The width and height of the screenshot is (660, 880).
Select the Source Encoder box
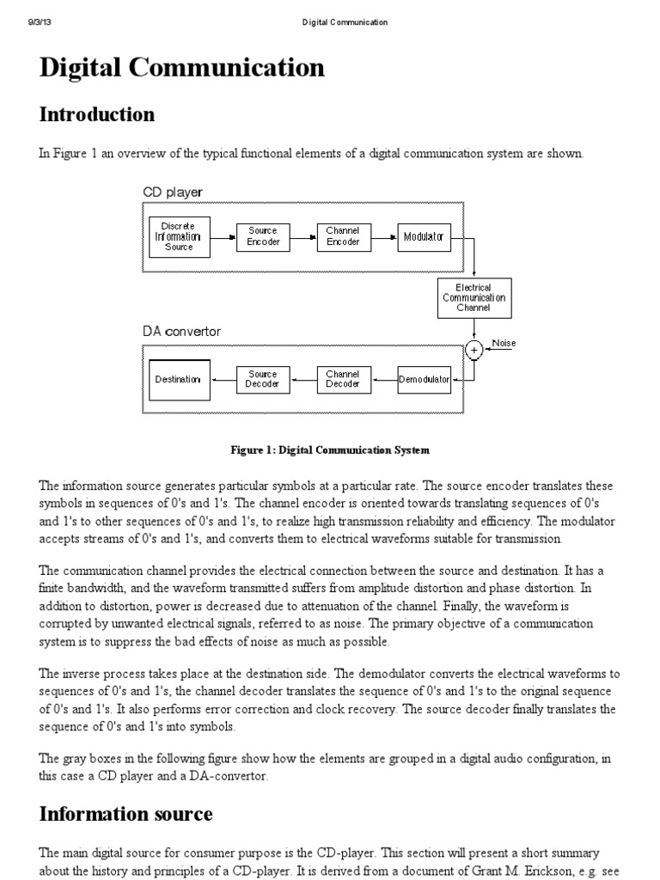262,236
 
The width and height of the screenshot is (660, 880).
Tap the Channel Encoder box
342,236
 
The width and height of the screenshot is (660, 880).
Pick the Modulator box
423,236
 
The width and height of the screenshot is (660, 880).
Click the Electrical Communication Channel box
474,297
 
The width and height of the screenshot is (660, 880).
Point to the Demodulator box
424,379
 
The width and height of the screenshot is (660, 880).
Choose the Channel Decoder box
342,379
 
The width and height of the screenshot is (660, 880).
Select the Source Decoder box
262,379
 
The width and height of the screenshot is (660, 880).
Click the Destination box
179,379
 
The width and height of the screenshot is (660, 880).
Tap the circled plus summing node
474,350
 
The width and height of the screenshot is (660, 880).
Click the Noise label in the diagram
504,343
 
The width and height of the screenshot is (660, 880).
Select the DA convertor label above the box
181,331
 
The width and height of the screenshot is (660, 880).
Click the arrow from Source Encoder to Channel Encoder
302,236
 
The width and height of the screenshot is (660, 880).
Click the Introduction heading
97,114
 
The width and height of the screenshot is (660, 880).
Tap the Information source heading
126,813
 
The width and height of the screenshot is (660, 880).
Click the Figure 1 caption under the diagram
329,449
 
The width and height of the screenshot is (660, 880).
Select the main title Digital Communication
182,68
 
